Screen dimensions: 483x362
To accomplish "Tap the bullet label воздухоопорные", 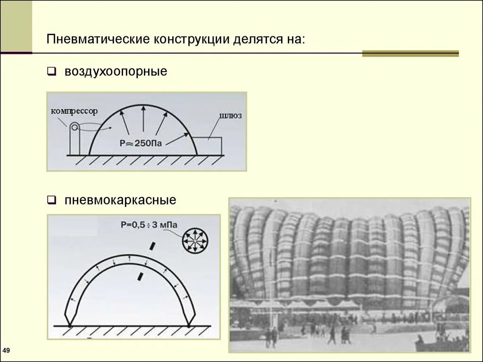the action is coord(116,72).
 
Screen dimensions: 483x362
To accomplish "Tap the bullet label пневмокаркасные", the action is coord(120,200).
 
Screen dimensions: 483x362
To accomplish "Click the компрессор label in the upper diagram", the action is coord(74,111).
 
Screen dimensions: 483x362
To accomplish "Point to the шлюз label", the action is coord(231,115).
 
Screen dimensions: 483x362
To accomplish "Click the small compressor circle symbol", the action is coord(75,127).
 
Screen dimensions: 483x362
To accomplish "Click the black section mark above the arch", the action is coord(152,246).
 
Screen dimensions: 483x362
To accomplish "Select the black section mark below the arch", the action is coord(141,276).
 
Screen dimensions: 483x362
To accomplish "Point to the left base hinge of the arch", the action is coord(70,325).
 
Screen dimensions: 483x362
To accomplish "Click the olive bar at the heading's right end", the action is coord(410,54).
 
